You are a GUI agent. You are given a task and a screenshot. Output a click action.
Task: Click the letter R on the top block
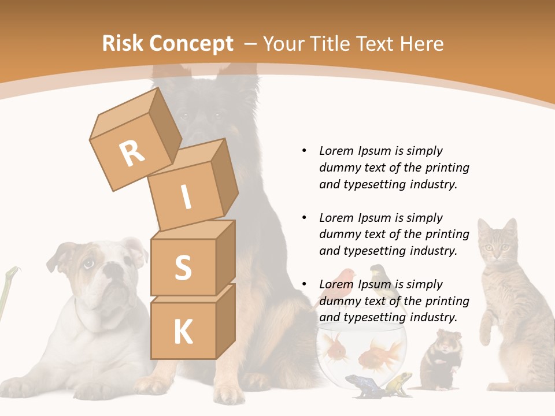coord(132,154)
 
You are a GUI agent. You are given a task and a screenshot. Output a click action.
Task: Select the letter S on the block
coord(183,267)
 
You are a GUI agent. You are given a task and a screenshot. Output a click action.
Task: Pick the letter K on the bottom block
coord(183,332)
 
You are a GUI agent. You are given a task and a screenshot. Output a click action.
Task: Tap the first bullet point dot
coord(305,151)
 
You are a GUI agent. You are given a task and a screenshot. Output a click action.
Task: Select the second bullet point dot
coord(305,218)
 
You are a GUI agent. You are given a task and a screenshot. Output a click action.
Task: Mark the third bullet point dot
coord(305,284)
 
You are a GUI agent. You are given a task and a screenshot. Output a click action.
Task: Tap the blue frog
coord(360,385)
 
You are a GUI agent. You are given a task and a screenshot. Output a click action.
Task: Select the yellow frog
coord(399,382)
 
